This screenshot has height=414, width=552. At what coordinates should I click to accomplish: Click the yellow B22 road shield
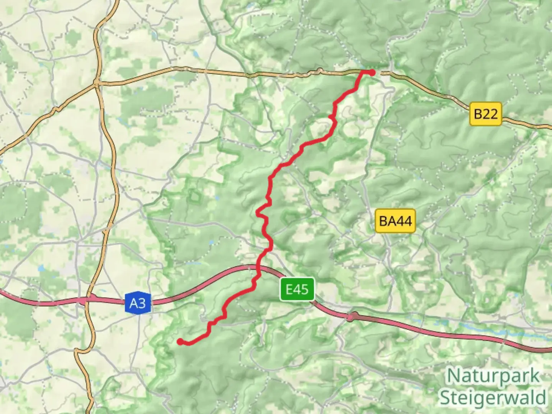coord(486,114)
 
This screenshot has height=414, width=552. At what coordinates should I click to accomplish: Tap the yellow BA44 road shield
coord(395,221)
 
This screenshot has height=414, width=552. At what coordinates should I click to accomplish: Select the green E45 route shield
coord(297,289)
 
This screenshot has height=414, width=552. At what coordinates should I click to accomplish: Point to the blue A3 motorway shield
coord(138,303)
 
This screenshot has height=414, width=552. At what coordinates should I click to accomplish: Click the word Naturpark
coord(493,376)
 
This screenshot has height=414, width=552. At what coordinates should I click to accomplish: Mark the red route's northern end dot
coord(372,72)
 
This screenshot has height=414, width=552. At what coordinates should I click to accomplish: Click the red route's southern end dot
coord(180,341)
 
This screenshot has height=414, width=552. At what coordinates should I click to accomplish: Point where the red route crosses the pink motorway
coord(258,269)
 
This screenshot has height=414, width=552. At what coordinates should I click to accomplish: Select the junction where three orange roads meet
coord(97,83)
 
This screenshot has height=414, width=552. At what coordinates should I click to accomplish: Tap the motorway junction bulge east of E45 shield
coord(351,317)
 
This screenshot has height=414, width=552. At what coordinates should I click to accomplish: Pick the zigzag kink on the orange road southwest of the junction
coord(56,109)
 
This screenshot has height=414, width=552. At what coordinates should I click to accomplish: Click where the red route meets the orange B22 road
coord(362,71)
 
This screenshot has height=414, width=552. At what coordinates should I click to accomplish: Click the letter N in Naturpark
coord(453,376)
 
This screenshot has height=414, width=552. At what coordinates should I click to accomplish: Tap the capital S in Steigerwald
coord(445,398)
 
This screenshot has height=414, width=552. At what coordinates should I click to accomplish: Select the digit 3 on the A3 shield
coord(142,303)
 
